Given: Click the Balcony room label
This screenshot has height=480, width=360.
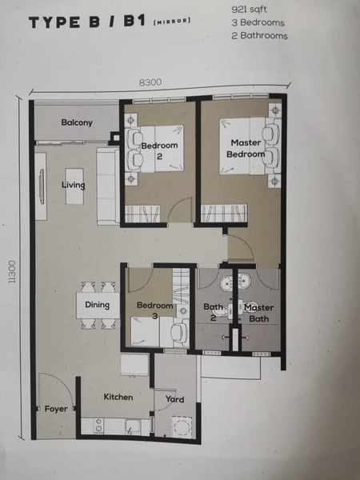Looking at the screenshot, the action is [x=77, y=122].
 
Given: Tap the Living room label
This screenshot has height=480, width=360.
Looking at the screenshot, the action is [x=73, y=185].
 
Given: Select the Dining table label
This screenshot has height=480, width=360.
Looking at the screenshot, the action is [x=97, y=305].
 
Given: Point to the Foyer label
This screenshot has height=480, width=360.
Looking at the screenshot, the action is [x=56, y=409].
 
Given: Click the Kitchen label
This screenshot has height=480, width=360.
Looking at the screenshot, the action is [x=118, y=397].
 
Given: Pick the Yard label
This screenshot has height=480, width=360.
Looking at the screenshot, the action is [x=174, y=399].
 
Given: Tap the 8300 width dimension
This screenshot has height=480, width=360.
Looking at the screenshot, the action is [x=150, y=82].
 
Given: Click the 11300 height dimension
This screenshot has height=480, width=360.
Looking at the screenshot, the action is [x=12, y=272].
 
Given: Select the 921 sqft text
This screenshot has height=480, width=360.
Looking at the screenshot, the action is [x=249, y=10].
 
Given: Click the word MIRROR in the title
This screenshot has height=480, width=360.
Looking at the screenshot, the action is [x=172, y=21].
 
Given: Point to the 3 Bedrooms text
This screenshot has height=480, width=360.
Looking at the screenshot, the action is [x=258, y=22].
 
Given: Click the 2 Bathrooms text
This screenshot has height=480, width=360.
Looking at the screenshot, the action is [x=259, y=36].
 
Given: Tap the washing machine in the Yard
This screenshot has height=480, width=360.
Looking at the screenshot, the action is [x=182, y=426].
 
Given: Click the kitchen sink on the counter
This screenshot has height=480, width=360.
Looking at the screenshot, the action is [x=133, y=426].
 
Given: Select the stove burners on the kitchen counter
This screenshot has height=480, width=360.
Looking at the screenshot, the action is [x=98, y=426].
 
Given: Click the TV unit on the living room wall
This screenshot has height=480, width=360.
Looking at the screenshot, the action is [x=41, y=186].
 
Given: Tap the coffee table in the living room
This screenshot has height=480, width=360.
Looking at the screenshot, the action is [x=74, y=186].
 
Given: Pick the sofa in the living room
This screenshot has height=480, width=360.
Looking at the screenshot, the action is [x=108, y=186].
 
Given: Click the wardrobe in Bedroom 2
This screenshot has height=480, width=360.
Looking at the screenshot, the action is [x=142, y=214].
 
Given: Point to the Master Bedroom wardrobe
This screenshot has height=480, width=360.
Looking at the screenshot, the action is [x=224, y=213].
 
